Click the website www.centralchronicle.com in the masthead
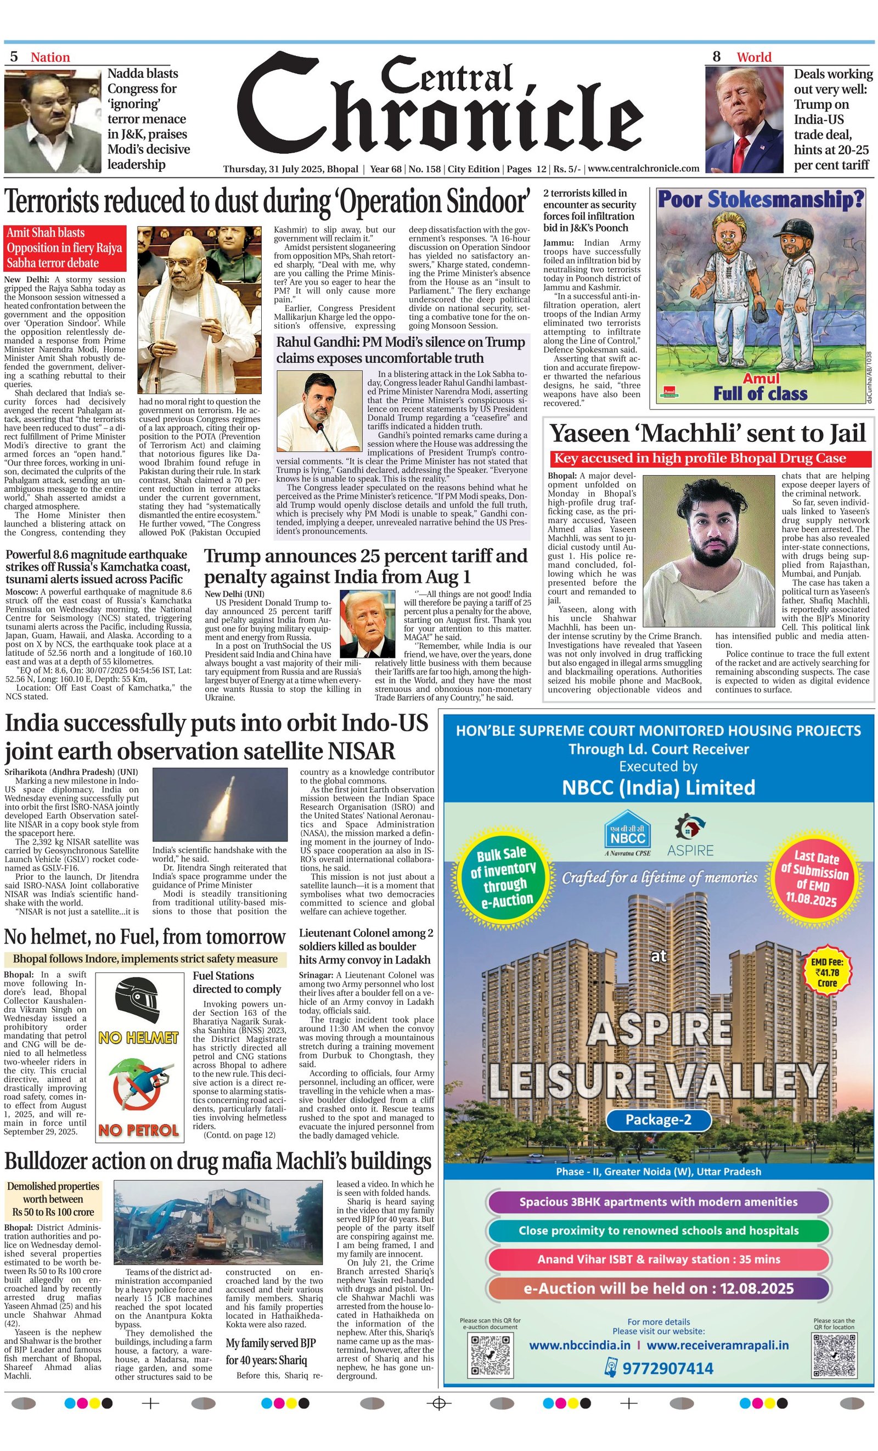pos(643,168)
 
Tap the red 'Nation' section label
pos(50,57)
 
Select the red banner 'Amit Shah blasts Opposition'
pos(65,248)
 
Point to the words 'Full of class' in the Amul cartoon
pos(759,393)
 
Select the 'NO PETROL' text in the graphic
pos(138,1130)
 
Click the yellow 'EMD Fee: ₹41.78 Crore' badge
pos(827,972)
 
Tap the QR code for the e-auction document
pos(490,1354)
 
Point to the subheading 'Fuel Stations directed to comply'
pos(237,983)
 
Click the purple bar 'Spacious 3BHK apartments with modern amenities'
pos(658,1201)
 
